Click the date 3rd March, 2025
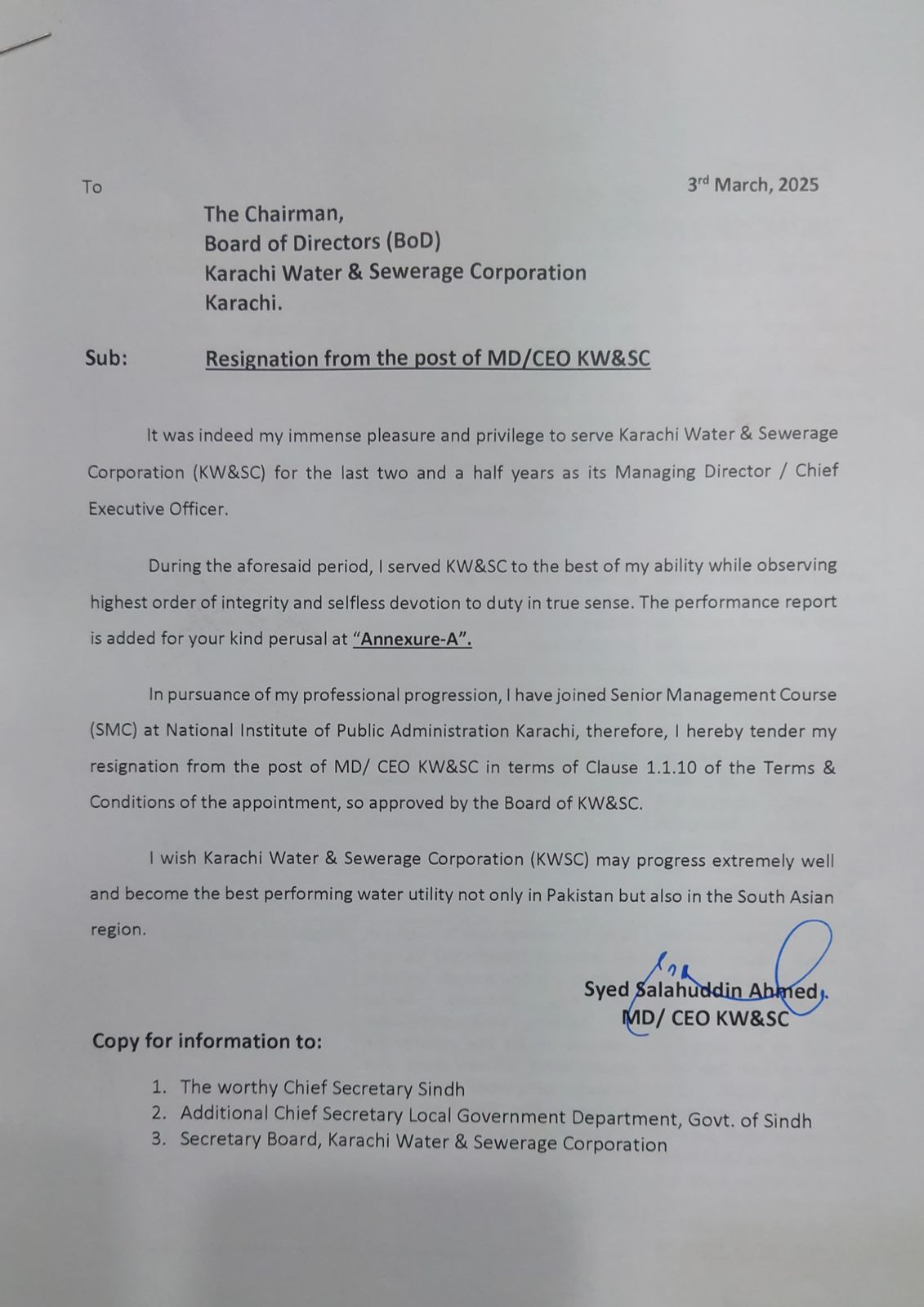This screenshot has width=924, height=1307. pyautogui.click(x=752, y=185)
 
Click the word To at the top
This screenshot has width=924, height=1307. pyautogui.click(x=92, y=187)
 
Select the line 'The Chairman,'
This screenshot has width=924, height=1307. pyautogui.click(x=274, y=214)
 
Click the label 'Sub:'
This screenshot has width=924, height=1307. pyautogui.click(x=106, y=358)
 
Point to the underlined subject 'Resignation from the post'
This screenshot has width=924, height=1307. pyautogui.click(x=343, y=359)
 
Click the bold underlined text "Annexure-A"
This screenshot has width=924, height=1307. pyautogui.click(x=413, y=639)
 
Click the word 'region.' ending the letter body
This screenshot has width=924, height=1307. pyautogui.click(x=118, y=930)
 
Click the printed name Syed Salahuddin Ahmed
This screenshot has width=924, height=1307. pyautogui.click(x=700, y=991)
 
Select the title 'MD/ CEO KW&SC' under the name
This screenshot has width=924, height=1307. pyautogui.click(x=706, y=1019)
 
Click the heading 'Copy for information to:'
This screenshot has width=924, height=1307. pyautogui.click(x=207, y=1042)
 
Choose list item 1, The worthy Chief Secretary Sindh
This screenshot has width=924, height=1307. pyautogui.click(x=322, y=1088)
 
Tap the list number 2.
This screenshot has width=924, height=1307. pyautogui.click(x=159, y=1113)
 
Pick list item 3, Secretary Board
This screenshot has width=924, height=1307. pyautogui.click(x=423, y=1141)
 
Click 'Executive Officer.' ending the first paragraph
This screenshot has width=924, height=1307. pyautogui.click(x=158, y=508)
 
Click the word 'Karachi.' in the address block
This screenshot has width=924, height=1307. pyautogui.click(x=243, y=303)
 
